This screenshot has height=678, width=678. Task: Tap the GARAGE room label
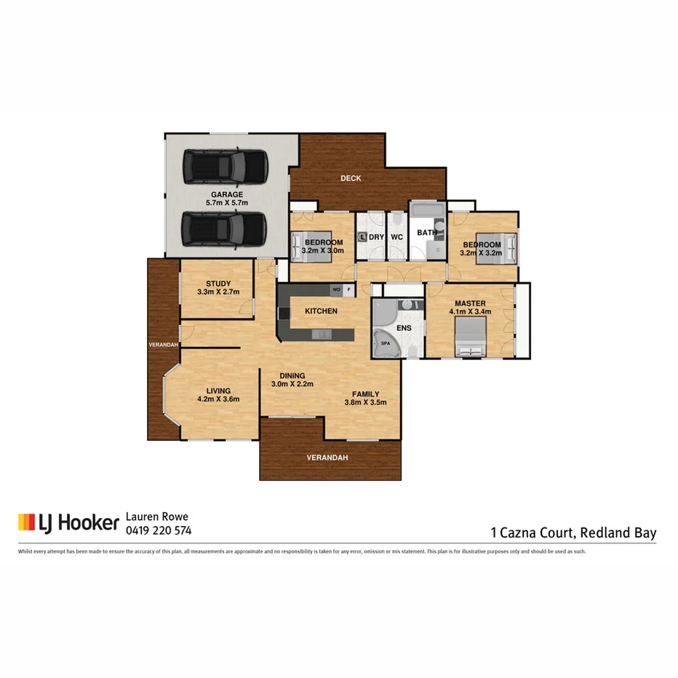tap(227, 194)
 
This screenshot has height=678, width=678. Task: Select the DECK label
tap(351, 178)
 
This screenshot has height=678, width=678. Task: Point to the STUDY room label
tap(218, 284)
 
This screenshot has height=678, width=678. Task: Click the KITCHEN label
tap(321, 311)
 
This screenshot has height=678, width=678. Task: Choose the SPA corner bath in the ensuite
tap(386, 342)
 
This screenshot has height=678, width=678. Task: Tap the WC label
tap(397, 237)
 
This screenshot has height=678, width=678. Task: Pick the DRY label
tap(376, 237)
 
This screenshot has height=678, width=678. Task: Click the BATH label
tap(426, 233)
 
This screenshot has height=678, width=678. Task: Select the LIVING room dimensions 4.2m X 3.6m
tap(218, 399)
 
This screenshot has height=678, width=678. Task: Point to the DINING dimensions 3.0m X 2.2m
tap(292, 384)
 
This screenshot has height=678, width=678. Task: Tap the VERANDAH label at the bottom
tap(327, 458)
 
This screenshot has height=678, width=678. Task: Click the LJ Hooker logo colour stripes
tap(26, 522)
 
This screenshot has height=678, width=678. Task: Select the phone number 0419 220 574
tap(159, 530)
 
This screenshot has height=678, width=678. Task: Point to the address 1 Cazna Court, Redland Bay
tap(573, 533)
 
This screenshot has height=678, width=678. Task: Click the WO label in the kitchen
tap(336, 290)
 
